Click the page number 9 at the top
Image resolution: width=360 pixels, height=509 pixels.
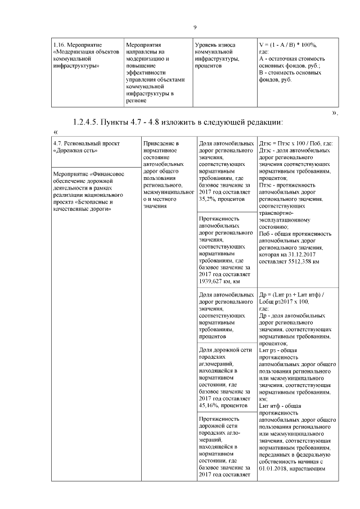click(195, 28)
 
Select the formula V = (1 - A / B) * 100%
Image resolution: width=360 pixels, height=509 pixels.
click(287, 44)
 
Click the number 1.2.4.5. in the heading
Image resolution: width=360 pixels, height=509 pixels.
click(89, 123)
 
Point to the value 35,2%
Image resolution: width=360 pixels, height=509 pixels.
click(209, 199)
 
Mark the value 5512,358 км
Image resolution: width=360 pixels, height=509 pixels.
click(300, 262)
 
